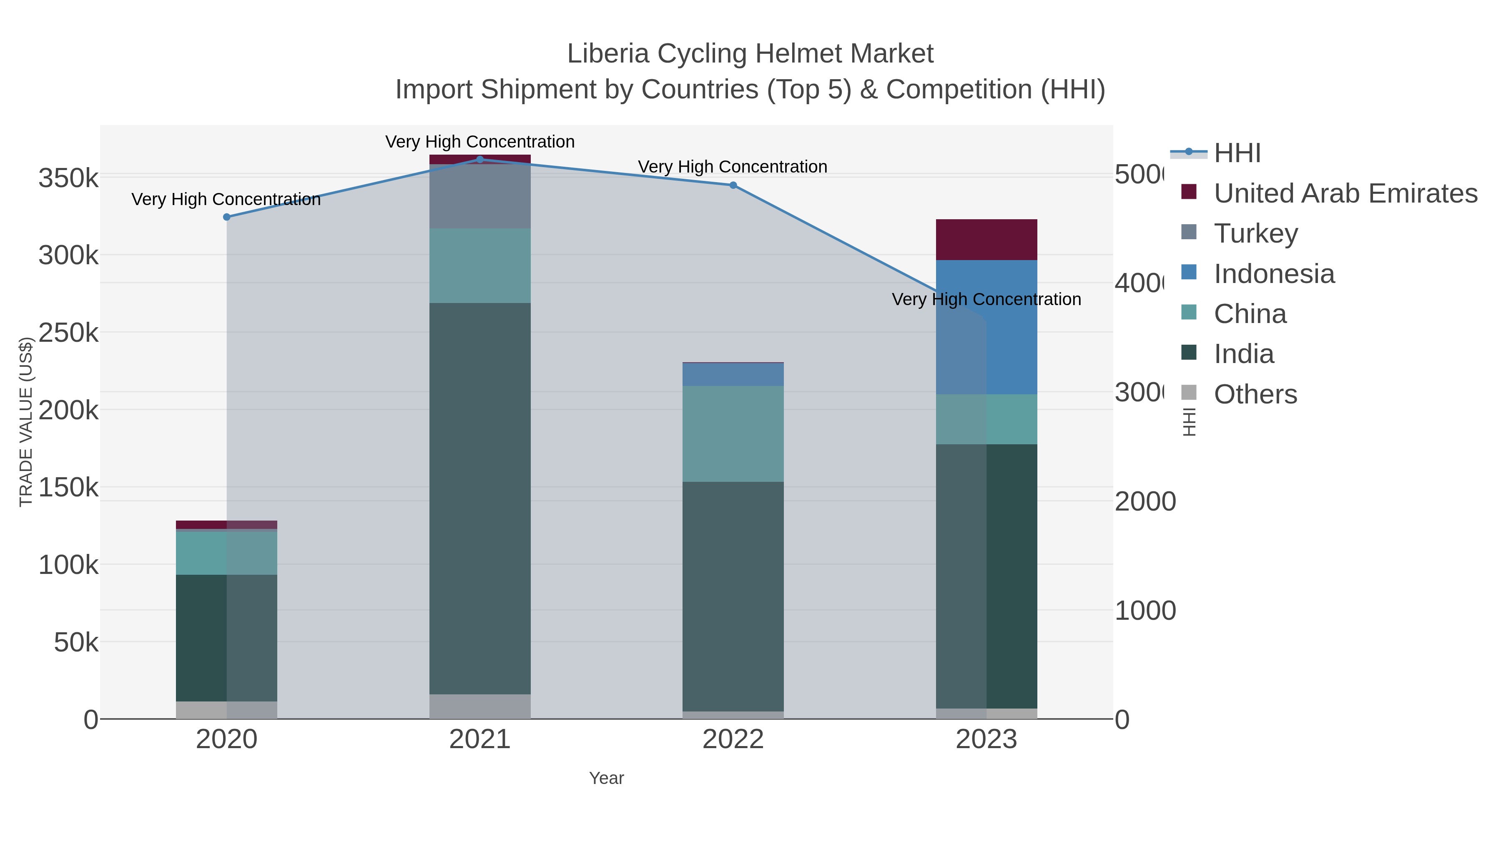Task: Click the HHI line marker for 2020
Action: click(x=227, y=217)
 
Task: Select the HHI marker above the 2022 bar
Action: click(x=733, y=185)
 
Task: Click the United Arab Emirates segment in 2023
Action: click(x=986, y=239)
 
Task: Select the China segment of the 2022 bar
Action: click(x=733, y=433)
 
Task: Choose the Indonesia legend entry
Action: click(x=1274, y=274)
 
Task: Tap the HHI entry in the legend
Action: click(x=1237, y=153)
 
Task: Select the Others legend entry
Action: click(x=1255, y=394)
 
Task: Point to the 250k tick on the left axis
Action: click(x=68, y=333)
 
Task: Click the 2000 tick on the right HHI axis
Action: click(x=1145, y=501)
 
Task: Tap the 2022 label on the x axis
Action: click(x=733, y=739)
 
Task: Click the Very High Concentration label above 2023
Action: click(x=986, y=299)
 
